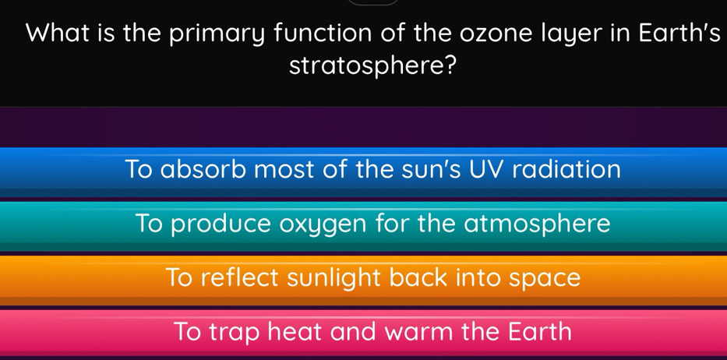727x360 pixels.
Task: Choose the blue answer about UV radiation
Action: pos(363,171)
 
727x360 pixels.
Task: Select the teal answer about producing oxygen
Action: pos(363,225)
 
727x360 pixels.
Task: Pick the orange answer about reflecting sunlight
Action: pos(363,279)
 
